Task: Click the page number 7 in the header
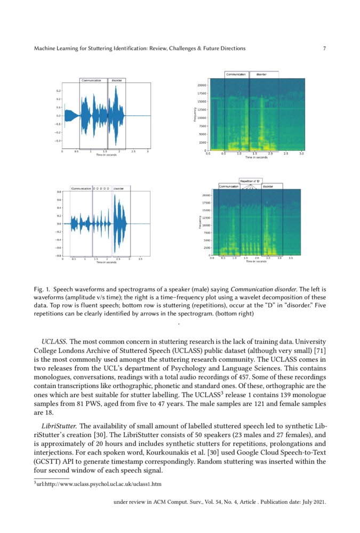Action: (x=324, y=49)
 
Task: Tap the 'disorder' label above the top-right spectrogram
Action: (x=261, y=74)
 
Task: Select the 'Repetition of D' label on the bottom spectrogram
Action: (x=250, y=181)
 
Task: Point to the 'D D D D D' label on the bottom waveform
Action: (x=101, y=189)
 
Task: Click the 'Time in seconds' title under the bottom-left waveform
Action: (x=106, y=262)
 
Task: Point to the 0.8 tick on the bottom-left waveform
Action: (x=59, y=192)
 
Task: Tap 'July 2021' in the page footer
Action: (x=313, y=502)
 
